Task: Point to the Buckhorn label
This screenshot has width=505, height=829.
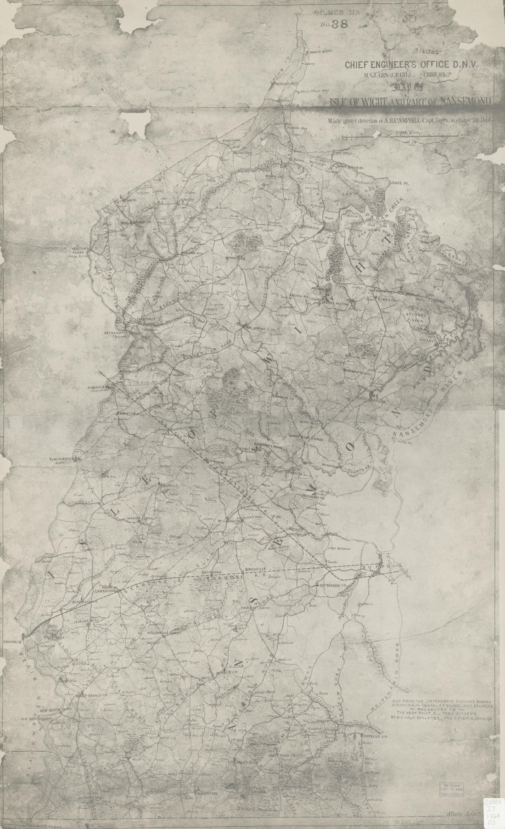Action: [x=212, y=574]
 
